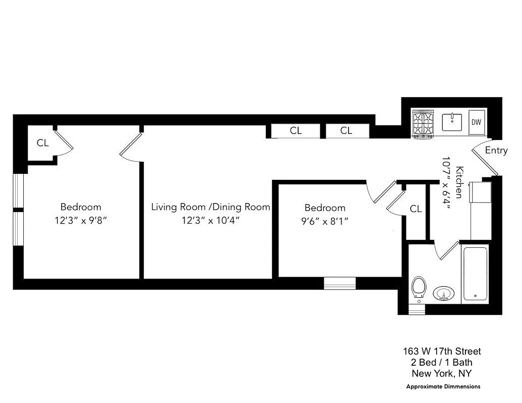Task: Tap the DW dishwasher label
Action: [477, 122]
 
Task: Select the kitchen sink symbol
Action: [452, 122]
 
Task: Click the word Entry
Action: [496, 151]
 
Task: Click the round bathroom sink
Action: [444, 293]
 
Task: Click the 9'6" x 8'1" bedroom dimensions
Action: [325, 221]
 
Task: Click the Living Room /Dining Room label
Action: [211, 207]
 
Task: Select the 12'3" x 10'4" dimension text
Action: [211, 221]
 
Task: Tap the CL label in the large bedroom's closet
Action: [43, 143]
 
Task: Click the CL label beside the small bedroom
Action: [416, 209]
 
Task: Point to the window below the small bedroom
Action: [339, 284]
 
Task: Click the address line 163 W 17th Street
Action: [442, 351]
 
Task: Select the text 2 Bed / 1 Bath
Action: [442, 362]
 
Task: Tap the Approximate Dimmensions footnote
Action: [443, 386]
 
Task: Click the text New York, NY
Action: [442, 373]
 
